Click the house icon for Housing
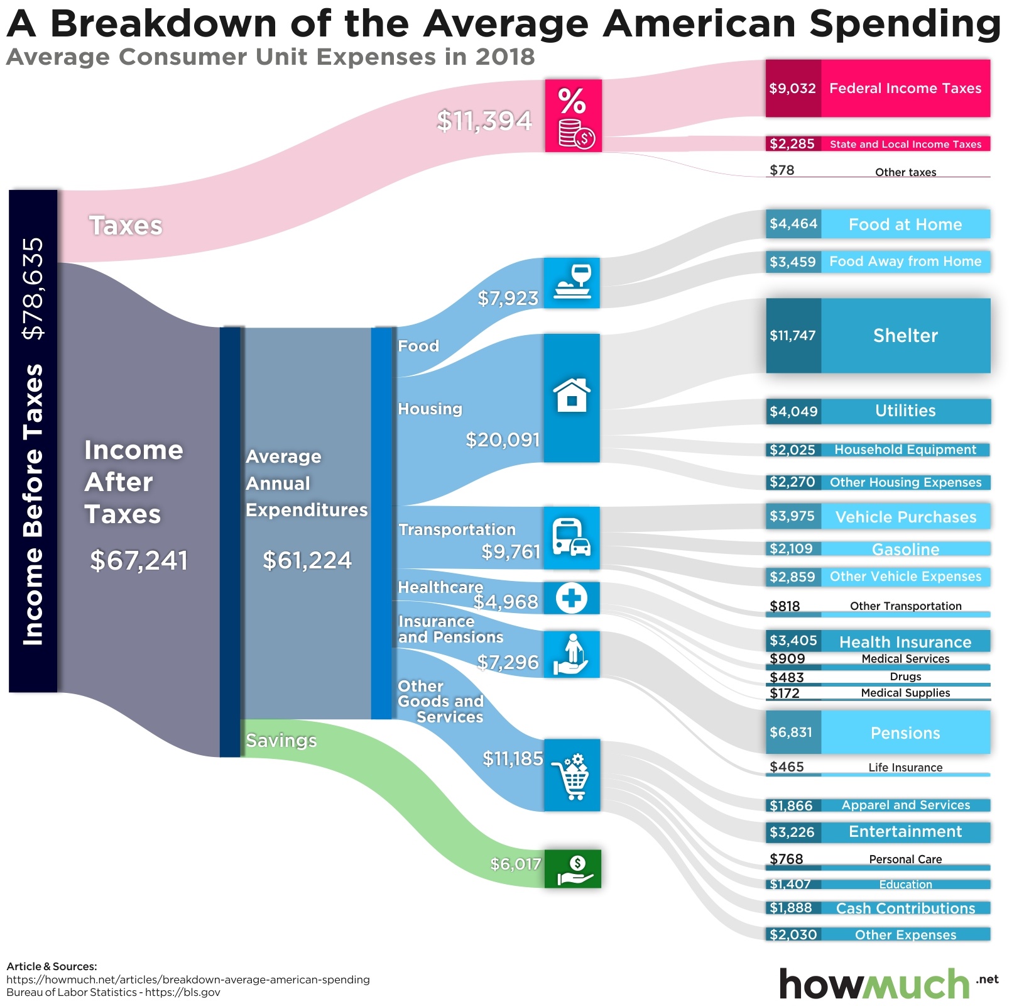point(572,395)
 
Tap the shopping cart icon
point(572,777)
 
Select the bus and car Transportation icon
point(572,538)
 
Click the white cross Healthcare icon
point(572,598)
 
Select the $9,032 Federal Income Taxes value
point(792,89)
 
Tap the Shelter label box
point(905,336)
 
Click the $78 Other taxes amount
point(782,170)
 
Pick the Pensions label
point(905,733)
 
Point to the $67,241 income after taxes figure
point(139,561)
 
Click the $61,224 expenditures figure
point(307,561)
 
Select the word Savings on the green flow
point(281,741)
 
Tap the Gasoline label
point(905,550)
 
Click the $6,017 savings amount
point(515,865)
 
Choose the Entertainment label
point(905,832)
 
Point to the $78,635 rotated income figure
point(33,289)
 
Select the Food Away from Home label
point(905,262)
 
